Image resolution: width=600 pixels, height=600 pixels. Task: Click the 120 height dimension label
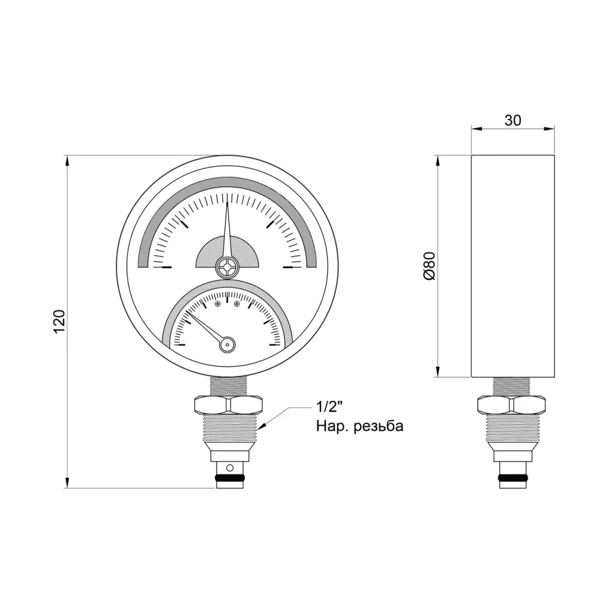[59, 322]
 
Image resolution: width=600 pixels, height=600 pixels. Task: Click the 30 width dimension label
[512, 120]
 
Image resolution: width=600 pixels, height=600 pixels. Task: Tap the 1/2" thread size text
[328, 407]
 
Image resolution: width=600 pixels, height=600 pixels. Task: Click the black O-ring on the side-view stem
[512, 479]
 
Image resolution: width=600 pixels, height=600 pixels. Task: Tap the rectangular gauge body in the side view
[512, 266]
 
